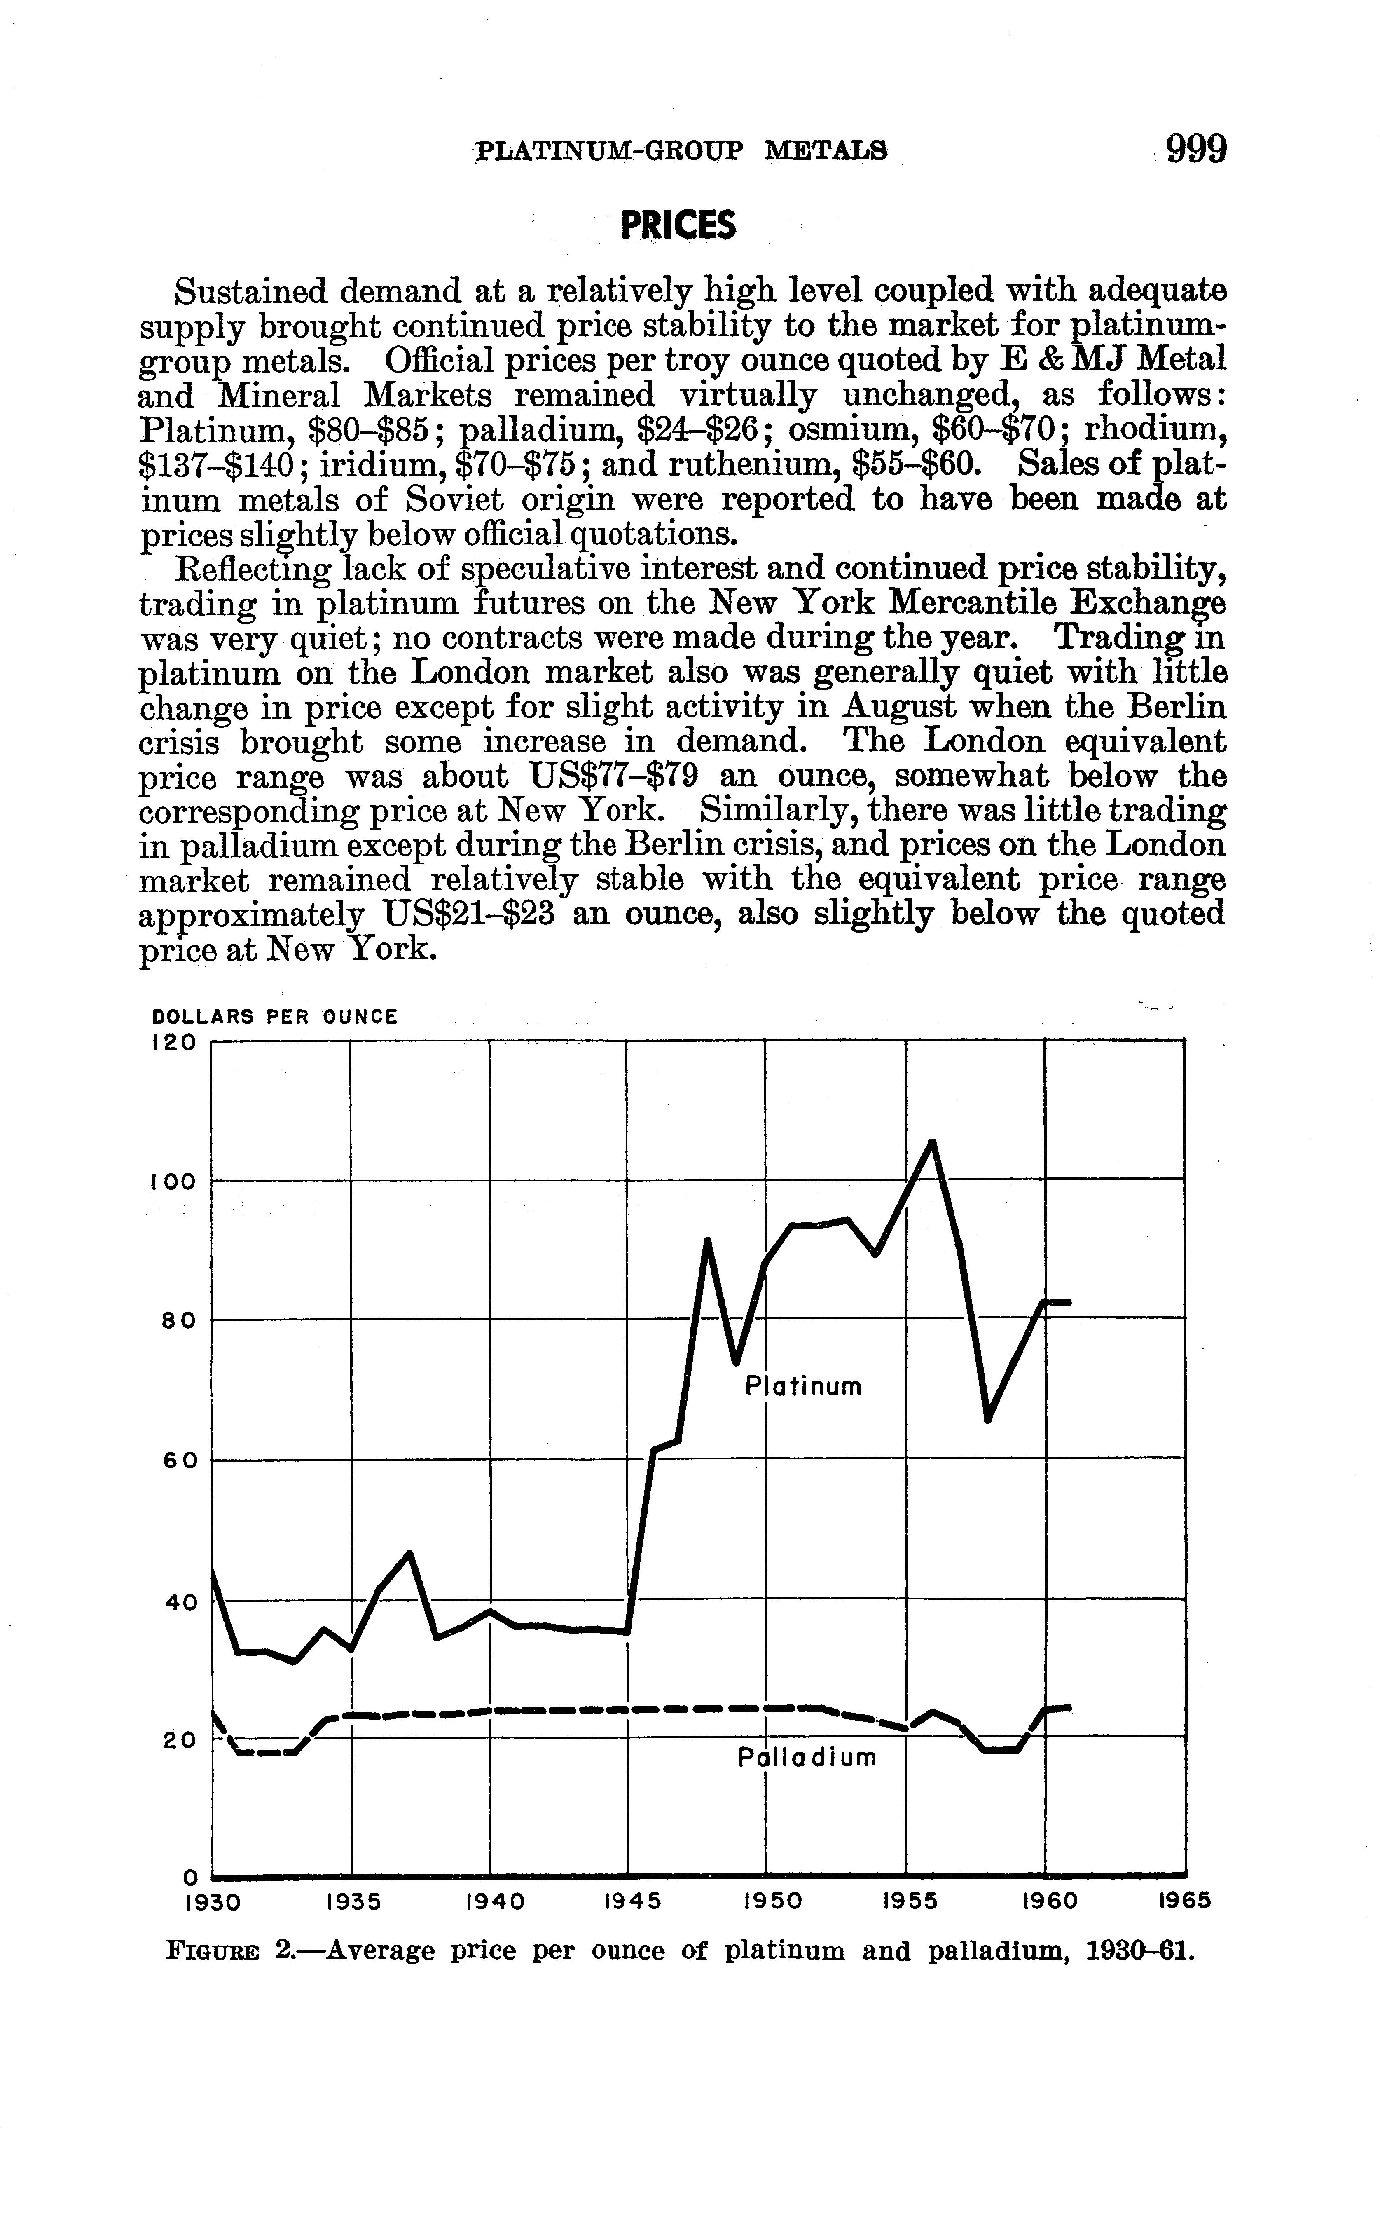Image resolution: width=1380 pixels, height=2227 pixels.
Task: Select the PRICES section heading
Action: tap(678, 225)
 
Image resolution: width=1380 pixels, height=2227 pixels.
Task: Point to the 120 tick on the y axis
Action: tap(173, 1043)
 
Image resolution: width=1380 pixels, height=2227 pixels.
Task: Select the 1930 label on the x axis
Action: tap(212, 1902)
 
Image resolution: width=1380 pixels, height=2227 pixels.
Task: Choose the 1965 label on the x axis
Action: tap(1184, 1902)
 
